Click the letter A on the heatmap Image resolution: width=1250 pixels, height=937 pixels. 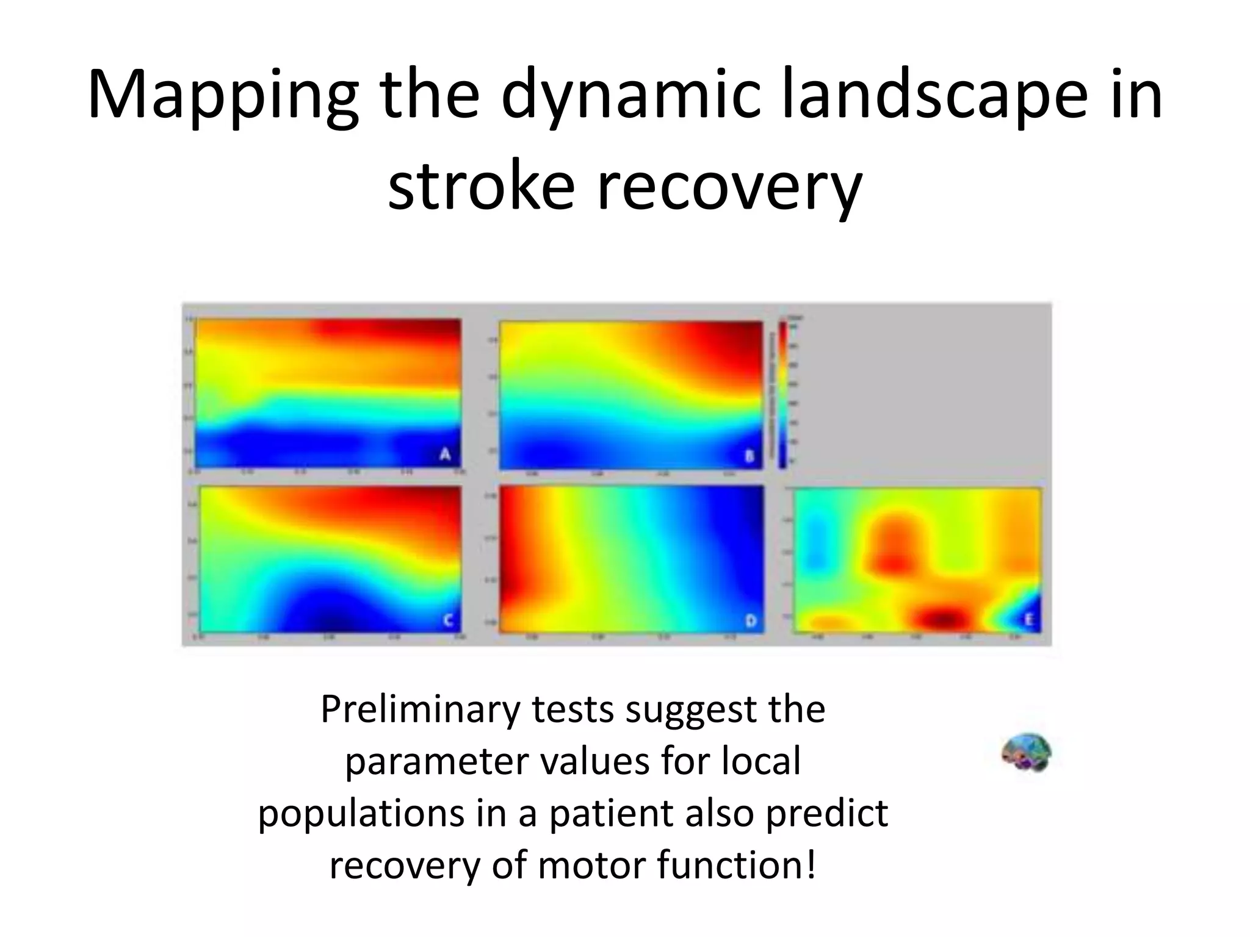coord(446,454)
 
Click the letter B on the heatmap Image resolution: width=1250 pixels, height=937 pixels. coord(750,456)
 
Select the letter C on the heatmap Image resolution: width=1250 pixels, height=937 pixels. coord(447,620)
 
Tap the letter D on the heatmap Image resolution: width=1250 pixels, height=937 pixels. coord(751,621)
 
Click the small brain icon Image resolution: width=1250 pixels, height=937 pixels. coord(1026,752)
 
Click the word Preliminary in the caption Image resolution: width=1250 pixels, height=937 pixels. coord(421,709)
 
